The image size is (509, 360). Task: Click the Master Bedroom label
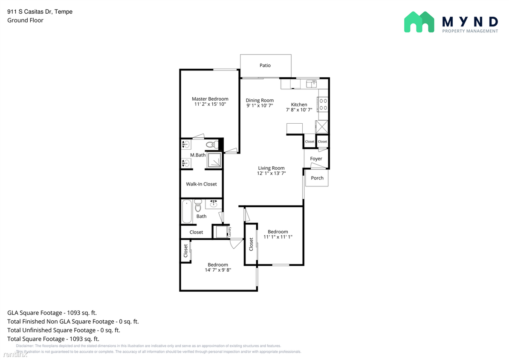pyautogui.click(x=210, y=99)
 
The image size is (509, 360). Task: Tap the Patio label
pyautogui.click(x=265, y=65)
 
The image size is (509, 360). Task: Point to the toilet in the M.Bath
pyautogui.click(x=211, y=145)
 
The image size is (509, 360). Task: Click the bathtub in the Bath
pyautogui.click(x=187, y=211)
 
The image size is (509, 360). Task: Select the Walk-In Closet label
pyautogui.click(x=201, y=184)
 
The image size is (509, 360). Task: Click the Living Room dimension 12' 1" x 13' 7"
pyautogui.click(x=271, y=173)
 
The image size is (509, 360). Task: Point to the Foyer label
pyautogui.click(x=316, y=159)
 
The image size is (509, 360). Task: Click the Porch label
pyautogui.click(x=317, y=178)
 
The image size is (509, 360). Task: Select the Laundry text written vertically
pyautogui.click(x=229, y=232)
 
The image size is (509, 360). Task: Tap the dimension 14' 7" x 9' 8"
pyautogui.click(x=217, y=270)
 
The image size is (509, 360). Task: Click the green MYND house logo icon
pyautogui.click(x=419, y=22)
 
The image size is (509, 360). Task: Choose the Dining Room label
pyautogui.click(x=260, y=101)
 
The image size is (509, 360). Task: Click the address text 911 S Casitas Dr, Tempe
pyautogui.click(x=40, y=12)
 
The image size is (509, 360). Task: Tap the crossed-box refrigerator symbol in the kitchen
pyautogui.click(x=321, y=127)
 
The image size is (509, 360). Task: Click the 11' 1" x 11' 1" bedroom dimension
pyautogui.click(x=278, y=237)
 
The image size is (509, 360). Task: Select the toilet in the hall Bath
pyautogui.click(x=198, y=206)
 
